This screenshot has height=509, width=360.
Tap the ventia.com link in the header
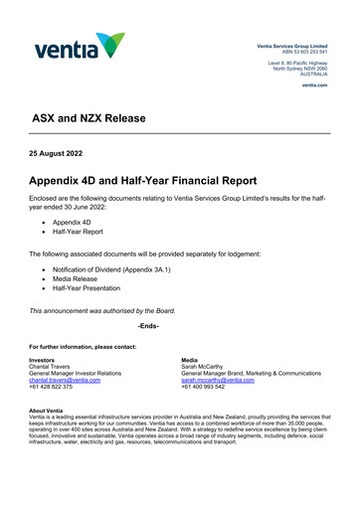(315, 85)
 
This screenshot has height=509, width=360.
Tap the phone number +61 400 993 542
(203, 387)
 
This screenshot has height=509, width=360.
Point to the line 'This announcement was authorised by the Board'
(102, 311)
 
